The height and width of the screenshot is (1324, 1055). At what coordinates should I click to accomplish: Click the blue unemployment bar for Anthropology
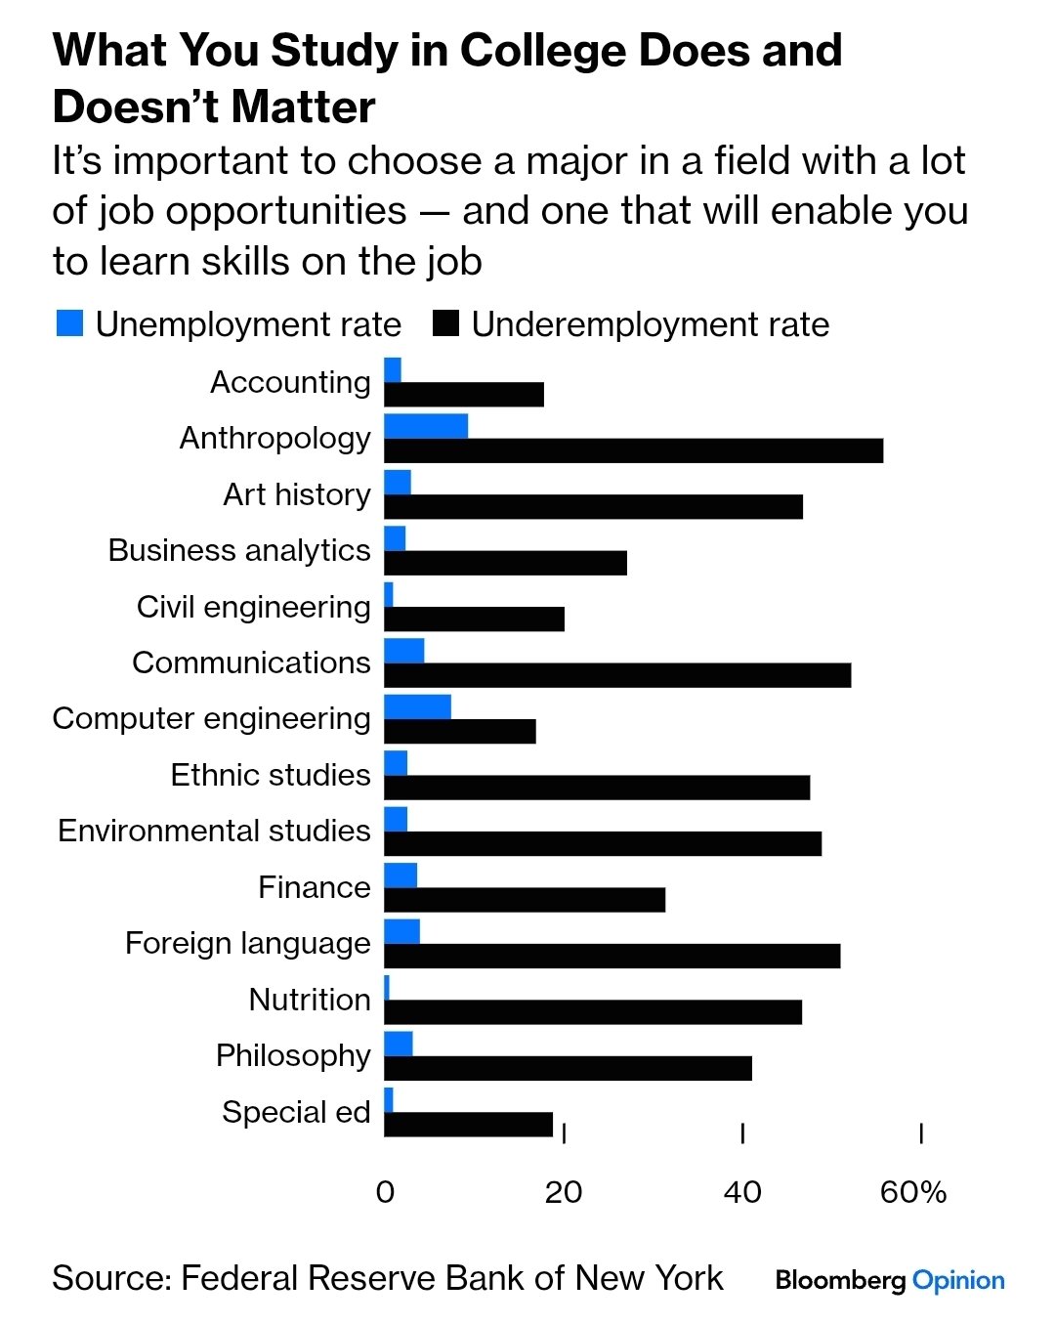[426, 426]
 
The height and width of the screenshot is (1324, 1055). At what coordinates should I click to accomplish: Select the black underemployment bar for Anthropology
[633, 450]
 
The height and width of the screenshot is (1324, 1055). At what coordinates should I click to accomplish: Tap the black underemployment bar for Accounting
[464, 395]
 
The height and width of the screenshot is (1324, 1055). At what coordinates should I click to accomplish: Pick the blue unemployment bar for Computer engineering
[417, 706]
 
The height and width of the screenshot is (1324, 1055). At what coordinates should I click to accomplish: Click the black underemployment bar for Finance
[525, 900]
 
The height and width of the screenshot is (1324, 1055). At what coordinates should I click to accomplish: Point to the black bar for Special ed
[468, 1125]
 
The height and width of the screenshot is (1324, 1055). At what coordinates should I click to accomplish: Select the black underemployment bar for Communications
[617, 675]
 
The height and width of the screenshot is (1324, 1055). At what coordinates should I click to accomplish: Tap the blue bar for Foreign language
[401, 931]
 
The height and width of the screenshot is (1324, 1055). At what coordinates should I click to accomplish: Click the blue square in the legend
[69, 323]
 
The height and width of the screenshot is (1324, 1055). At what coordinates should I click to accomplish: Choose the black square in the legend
[445, 323]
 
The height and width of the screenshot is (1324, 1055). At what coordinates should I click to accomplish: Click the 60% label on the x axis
[913, 1192]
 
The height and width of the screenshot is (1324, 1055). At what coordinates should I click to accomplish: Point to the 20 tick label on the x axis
[564, 1192]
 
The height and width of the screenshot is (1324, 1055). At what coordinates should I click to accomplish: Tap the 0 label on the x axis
[385, 1192]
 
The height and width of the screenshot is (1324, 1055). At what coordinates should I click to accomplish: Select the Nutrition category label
[310, 1000]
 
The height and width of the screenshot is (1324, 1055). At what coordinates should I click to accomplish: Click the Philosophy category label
[293, 1055]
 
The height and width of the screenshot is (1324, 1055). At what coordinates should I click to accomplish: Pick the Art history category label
[297, 494]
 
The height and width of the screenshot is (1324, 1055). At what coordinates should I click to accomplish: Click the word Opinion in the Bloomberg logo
[957, 1280]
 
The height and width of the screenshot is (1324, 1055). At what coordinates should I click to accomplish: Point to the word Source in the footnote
[108, 1278]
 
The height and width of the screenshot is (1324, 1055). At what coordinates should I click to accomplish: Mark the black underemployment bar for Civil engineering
[474, 619]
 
